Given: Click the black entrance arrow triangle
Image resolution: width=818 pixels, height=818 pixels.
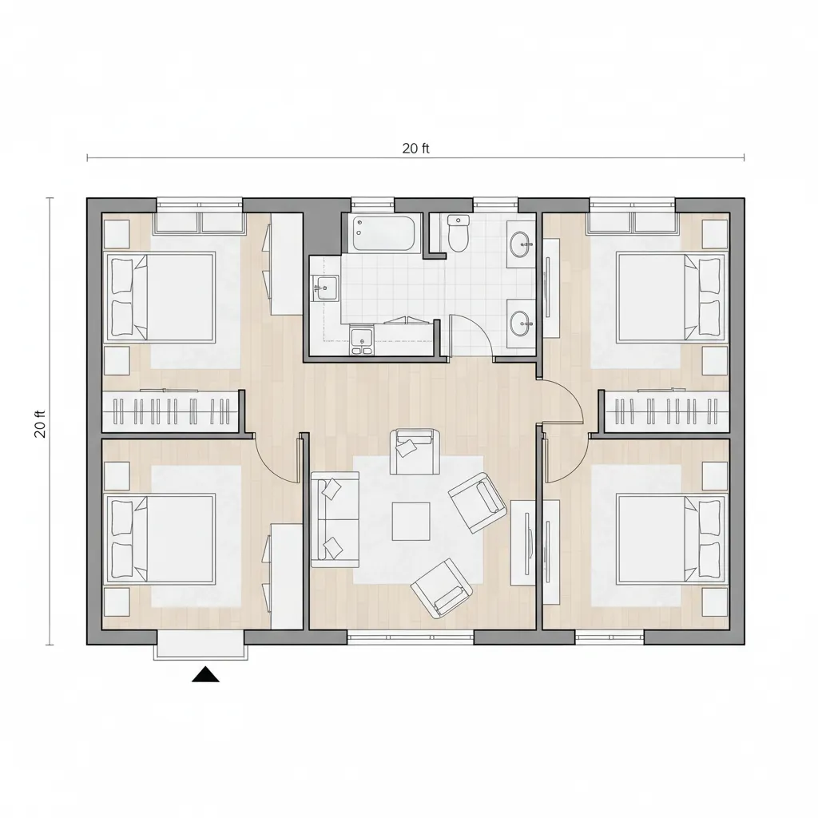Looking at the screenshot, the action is click(205, 674).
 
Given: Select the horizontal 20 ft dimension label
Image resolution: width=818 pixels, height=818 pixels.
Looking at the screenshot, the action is click(415, 149).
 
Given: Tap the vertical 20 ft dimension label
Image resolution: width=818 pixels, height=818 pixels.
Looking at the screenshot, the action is click(41, 424).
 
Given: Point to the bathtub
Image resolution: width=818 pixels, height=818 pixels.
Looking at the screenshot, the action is click(384, 234).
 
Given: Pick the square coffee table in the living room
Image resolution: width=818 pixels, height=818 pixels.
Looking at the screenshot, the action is click(411, 521).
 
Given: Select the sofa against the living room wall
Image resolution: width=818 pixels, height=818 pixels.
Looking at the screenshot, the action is click(336, 519).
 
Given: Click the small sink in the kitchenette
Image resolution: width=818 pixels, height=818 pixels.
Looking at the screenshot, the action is click(325, 288).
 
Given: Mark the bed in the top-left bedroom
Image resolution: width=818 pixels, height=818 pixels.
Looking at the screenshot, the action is click(161, 297).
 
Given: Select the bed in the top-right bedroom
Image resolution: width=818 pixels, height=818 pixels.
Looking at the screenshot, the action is click(671, 297).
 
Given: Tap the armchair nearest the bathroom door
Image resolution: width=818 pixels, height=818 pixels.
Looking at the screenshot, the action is click(415, 451).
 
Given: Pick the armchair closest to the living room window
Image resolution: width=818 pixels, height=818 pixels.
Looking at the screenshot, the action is click(443, 588).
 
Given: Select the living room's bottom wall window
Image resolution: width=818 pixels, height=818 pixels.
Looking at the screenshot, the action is click(411, 637).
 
